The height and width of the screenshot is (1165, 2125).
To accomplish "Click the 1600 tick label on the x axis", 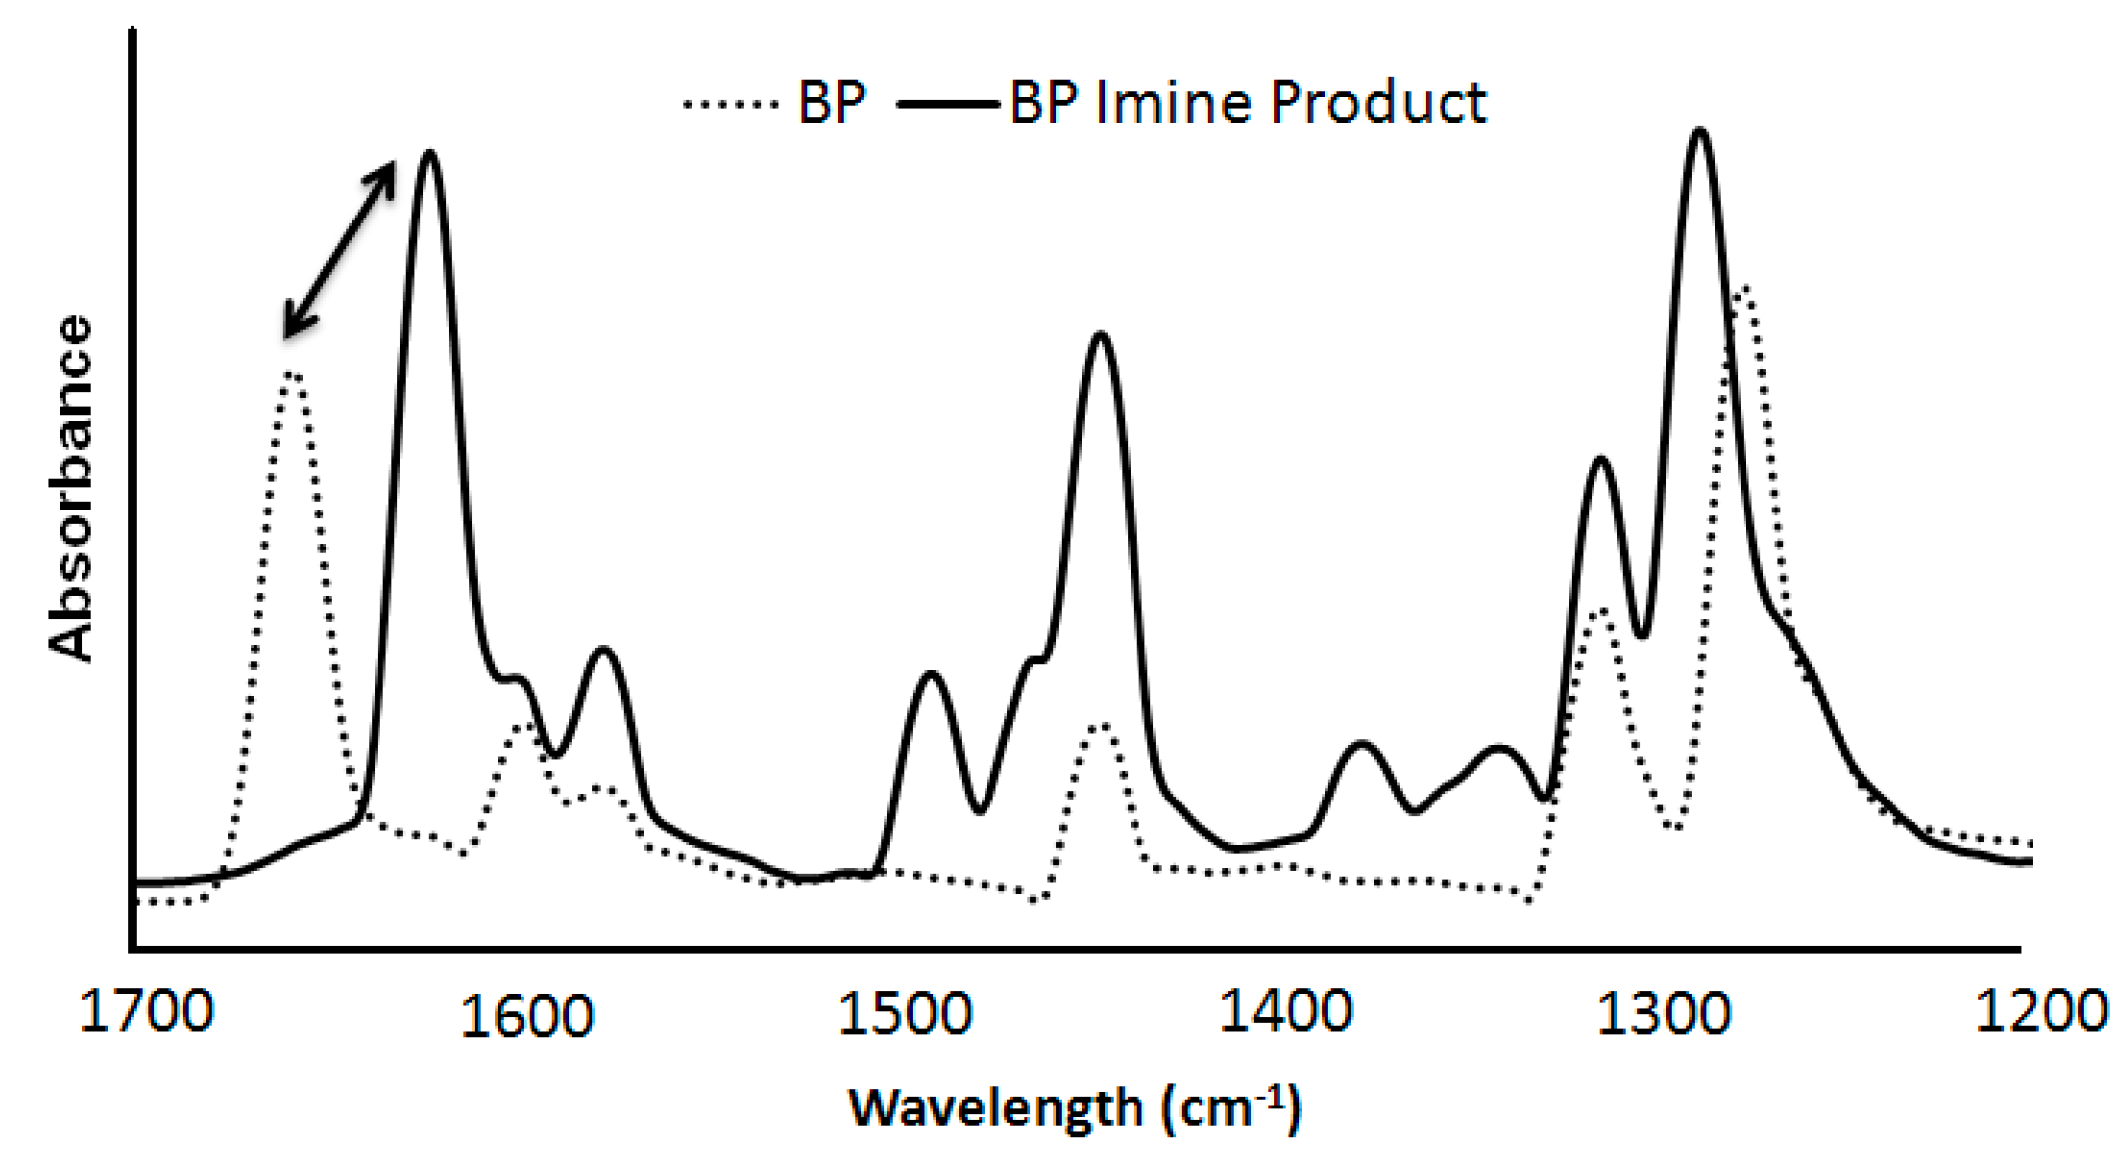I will (527, 1017).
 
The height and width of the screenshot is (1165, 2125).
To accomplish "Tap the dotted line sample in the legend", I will (730, 103).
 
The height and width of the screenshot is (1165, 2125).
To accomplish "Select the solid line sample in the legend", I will (947, 103).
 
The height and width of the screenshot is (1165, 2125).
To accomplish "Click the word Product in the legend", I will (1379, 103).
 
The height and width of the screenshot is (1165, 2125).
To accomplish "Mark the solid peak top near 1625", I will (430, 153).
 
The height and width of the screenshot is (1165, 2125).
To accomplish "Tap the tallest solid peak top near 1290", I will (1700, 130).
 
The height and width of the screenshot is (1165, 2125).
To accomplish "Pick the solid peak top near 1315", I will (1600, 459).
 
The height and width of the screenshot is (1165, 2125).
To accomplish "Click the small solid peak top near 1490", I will (931, 674).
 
